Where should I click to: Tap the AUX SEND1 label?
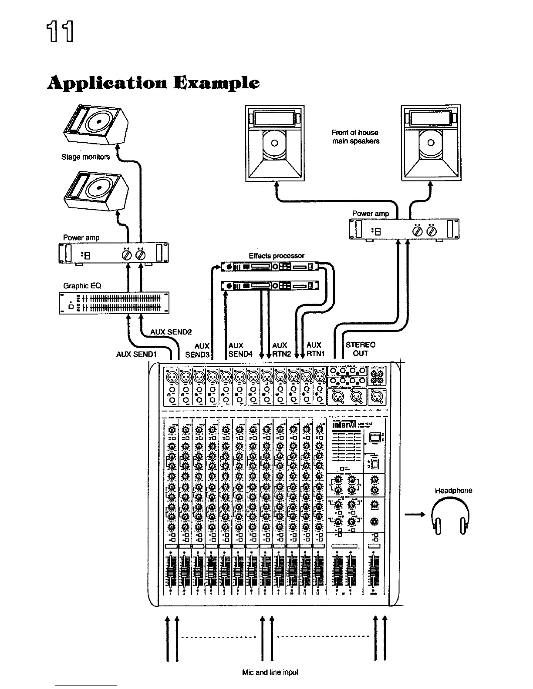pos(136,354)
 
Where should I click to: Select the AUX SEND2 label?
pos(171,332)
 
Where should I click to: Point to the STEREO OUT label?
pos(360,349)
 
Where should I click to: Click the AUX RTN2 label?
pos(281,349)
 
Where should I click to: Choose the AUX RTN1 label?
pos(315,349)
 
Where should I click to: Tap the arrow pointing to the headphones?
pos(415,515)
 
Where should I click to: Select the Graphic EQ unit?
pos(114,303)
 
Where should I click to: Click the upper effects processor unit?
pos(270,266)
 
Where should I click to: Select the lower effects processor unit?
pos(270,286)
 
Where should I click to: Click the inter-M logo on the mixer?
pos(344,424)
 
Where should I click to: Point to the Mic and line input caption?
pos(270,672)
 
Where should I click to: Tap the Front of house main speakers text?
pos(355,137)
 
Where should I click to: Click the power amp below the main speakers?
pos(404,229)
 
